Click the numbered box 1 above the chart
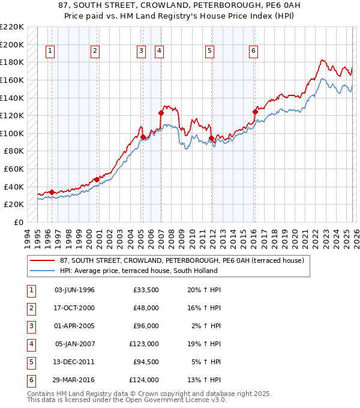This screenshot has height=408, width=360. [x=49, y=52]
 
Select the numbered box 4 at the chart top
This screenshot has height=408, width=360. [x=159, y=52]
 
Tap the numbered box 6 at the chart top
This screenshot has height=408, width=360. [x=254, y=52]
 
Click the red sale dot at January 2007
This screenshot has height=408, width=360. [x=161, y=113]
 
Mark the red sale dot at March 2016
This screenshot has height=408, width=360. [x=255, y=112]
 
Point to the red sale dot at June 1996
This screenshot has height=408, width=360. [x=52, y=192]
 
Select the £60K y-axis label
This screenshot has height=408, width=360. [x=14, y=169]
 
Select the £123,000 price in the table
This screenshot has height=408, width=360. [x=145, y=344]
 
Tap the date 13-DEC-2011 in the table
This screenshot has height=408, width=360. [x=74, y=362]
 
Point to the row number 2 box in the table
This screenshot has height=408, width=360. [x=30, y=308]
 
